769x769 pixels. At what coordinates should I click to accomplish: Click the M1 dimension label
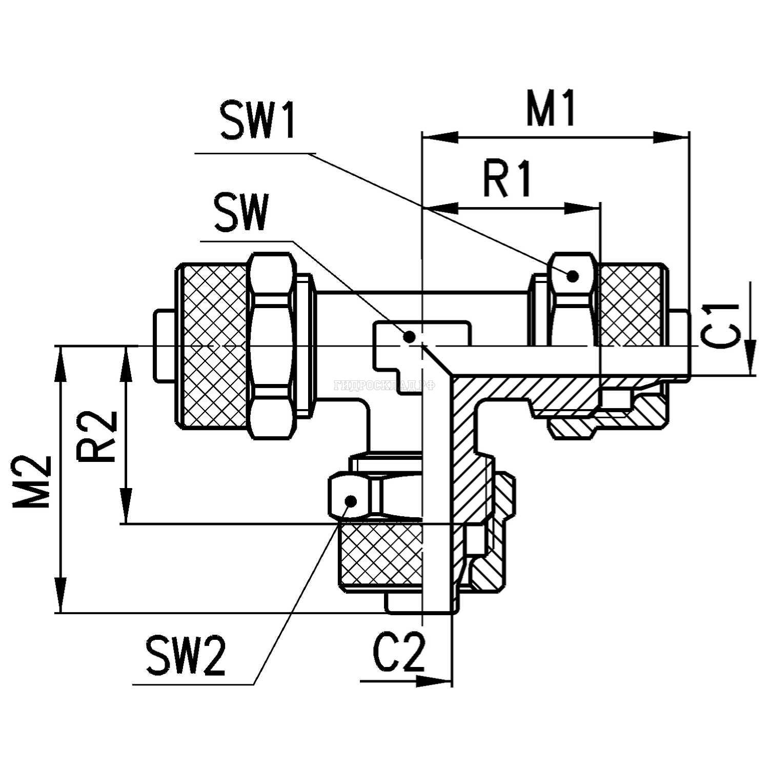[551, 109]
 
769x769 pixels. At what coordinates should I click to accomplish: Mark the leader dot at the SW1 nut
[573, 276]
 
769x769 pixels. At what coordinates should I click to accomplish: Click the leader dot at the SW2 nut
[351, 500]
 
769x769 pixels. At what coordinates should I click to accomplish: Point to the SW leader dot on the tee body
[409, 337]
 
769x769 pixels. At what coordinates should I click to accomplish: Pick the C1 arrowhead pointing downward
[751, 359]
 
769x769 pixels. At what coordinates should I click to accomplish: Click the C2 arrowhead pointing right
[435, 681]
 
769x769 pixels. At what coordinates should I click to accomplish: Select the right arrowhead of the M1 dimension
[672, 137]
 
